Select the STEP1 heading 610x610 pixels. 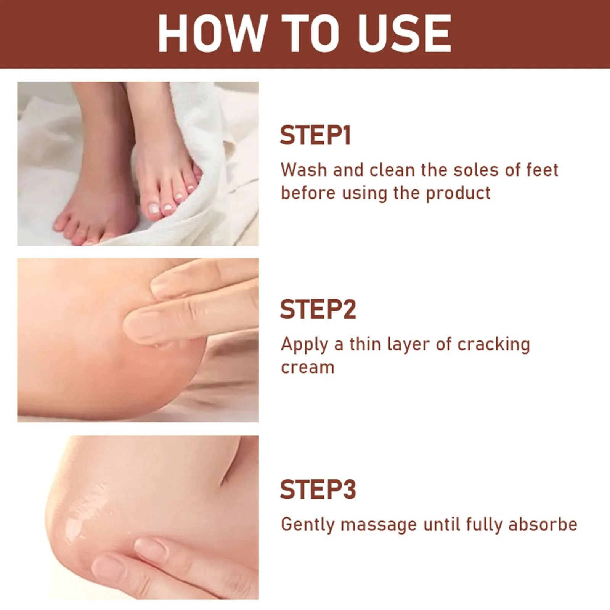(315, 135)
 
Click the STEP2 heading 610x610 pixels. (318, 309)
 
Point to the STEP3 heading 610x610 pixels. (318, 490)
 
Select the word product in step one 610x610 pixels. (458, 194)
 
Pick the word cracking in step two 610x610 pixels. (493, 345)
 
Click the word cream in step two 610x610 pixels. (308, 368)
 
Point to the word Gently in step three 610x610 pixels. (308, 525)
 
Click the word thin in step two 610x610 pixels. (365, 344)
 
